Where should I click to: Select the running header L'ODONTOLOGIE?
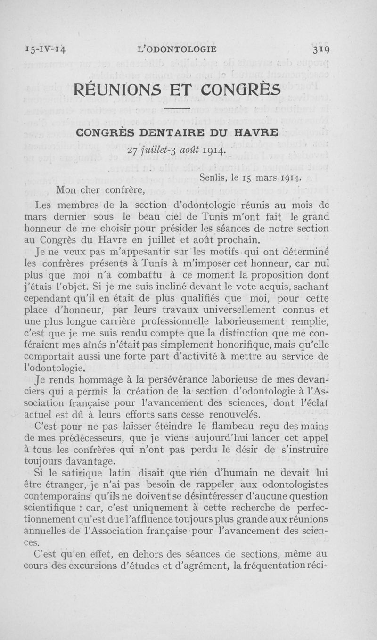175,49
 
